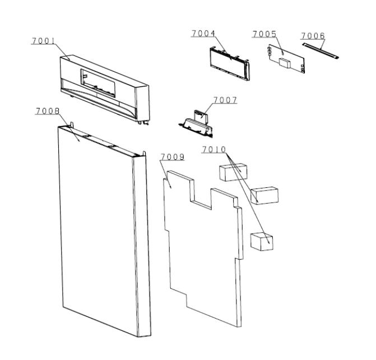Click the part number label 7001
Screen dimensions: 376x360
(43, 41)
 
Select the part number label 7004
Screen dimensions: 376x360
(203, 34)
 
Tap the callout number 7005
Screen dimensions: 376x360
(264, 34)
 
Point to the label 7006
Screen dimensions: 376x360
(313, 36)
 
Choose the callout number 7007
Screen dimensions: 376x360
(225, 100)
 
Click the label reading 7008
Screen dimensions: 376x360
(48, 111)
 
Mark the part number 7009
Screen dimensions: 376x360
(173, 156)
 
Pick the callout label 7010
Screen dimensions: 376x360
(214, 150)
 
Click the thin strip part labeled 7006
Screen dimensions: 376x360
(321, 50)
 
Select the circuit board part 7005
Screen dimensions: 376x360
(286, 58)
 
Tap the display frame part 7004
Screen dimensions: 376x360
(230, 64)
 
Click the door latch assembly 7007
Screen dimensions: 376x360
(196, 124)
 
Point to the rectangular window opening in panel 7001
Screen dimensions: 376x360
(98, 84)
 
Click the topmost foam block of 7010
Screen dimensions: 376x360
(233, 172)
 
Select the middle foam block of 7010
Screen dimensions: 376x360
(264, 195)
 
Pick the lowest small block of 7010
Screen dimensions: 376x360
(262, 242)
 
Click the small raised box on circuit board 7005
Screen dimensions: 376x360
(285, 63)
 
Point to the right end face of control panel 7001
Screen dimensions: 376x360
(143, 103)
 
